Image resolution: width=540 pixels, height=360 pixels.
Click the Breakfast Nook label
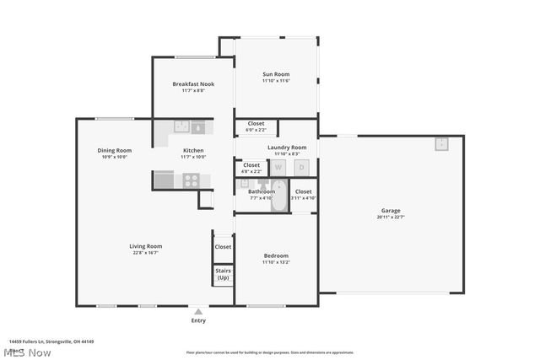tap(193, 84)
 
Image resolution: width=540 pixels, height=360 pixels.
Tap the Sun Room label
tap(276, 74)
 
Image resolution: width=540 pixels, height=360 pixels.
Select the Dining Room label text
tap(114, 150)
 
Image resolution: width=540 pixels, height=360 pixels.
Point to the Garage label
tap(390, 211)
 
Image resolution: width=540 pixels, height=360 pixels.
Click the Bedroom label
tap(276, 255)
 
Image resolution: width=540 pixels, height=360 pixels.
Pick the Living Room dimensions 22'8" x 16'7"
tap(145, 253)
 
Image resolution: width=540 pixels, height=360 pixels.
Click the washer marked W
tap(278, 167)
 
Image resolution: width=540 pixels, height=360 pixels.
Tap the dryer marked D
tap(301, 167)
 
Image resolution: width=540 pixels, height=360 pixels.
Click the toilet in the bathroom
tap(262, 184)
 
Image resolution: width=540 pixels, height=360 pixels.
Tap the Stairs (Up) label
tap(223, 274)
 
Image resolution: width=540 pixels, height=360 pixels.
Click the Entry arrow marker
tap(198, 311)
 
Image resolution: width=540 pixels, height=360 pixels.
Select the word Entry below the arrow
tap(198, 320)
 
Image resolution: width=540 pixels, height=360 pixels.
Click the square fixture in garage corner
tap(441, 143)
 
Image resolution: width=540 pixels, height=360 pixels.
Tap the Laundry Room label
tap(287, 148)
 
